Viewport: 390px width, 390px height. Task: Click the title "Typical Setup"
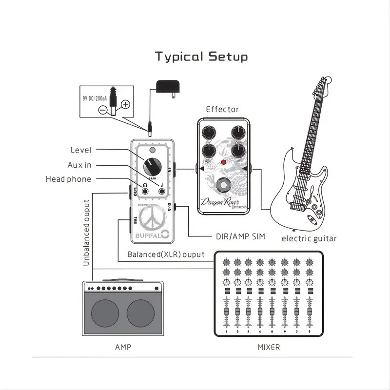[201, 57]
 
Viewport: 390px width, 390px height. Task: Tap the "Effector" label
[222, 109]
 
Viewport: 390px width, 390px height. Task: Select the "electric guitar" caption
[309, 238]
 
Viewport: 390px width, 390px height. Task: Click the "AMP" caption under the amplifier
[123, 347]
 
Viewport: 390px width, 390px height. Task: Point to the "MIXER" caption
[269, 347]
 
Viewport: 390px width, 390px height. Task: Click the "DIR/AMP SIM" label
[240, 236]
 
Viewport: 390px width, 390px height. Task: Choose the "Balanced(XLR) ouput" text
[166, 254]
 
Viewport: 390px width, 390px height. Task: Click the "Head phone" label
[68, 179]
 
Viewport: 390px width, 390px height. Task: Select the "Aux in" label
[79, 165]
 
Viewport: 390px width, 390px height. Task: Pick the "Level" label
[81, 150]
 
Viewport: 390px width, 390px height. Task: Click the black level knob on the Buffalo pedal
[152, 166]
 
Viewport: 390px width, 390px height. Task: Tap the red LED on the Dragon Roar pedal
[223, 162]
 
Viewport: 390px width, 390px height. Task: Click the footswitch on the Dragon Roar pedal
[224, 186]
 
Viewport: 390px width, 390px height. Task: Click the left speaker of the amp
[105, 315]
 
